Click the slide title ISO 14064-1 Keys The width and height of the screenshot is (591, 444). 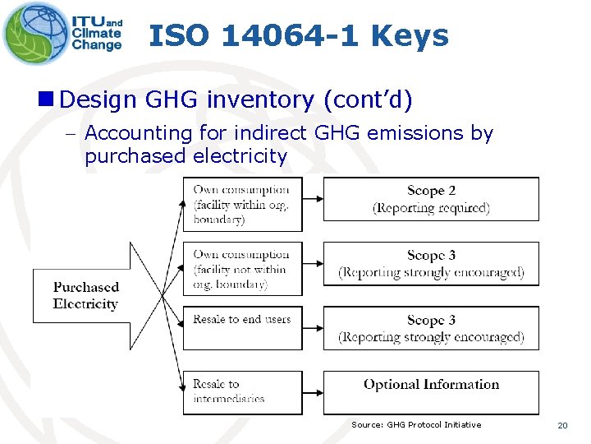(x=299, y=35)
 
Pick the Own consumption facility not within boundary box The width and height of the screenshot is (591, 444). (x=242, y=269)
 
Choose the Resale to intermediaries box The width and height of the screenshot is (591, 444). (x=242, y=391)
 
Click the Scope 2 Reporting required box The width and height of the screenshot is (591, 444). (x=431, y=199)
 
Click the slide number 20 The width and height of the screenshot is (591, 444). (x=562, y=425)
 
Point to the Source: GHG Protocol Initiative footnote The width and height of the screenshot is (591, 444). (x=416, y=424)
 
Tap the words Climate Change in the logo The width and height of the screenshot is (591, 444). (x=97, y=39)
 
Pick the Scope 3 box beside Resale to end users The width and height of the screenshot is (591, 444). (x=431, y=328)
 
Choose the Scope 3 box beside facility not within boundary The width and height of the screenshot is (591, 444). (x=431, y=264)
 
